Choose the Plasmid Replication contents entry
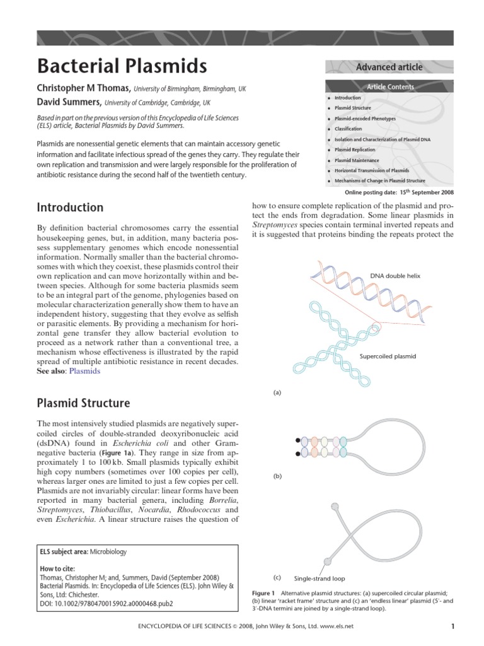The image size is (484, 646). tap(355, 150)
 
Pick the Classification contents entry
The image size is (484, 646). tap(348, 129)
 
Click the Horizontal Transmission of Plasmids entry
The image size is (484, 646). tap(372, 170)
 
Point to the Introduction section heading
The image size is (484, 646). tap(70, 207)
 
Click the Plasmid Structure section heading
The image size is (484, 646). tap(83, 403)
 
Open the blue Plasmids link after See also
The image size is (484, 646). tap(84, 372)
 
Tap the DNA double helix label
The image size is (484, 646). tap(395, 276)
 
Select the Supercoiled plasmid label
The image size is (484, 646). tap(388, 356)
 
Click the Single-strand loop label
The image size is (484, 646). tap(320, 578)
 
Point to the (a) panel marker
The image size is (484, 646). tap(277, 392)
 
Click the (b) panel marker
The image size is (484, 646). tap(277, 476)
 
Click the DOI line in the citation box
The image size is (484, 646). tap(106, 603)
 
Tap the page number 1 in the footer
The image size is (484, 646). tap(452, 626)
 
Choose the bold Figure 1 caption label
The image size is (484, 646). tap(263, 594)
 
